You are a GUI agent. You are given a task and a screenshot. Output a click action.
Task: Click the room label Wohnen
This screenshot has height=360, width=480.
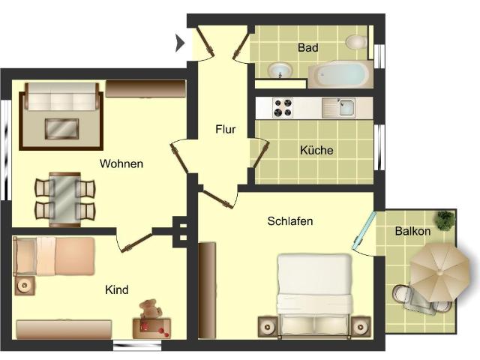click(121, 163)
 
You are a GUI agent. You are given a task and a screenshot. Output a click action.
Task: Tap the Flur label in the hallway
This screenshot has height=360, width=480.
click(225, 129)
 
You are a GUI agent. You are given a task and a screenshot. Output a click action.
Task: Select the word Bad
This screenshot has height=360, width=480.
click(307, 47)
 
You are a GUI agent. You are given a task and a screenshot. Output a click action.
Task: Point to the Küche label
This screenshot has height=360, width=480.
click(316, 150)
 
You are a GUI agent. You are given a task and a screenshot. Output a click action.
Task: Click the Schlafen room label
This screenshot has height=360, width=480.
click(289, 221)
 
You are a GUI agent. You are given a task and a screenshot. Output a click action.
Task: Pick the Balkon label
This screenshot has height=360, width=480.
click(412, 231)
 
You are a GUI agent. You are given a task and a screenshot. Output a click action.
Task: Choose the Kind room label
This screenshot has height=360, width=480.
click(116, 290)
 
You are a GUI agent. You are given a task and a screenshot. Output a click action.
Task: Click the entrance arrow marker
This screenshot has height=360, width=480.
click(179, 43)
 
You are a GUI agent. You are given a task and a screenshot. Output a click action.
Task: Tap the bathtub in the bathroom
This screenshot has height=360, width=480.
click(340, 74)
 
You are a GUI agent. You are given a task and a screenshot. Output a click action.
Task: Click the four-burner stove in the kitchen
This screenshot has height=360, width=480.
click(283, 109)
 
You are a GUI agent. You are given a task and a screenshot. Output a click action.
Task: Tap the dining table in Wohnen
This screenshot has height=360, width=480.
click(65, 196)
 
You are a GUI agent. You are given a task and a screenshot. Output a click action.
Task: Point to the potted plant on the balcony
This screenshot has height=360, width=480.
click(446, 220)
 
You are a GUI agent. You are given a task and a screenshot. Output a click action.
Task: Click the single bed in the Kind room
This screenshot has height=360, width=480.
click(54, 256)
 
